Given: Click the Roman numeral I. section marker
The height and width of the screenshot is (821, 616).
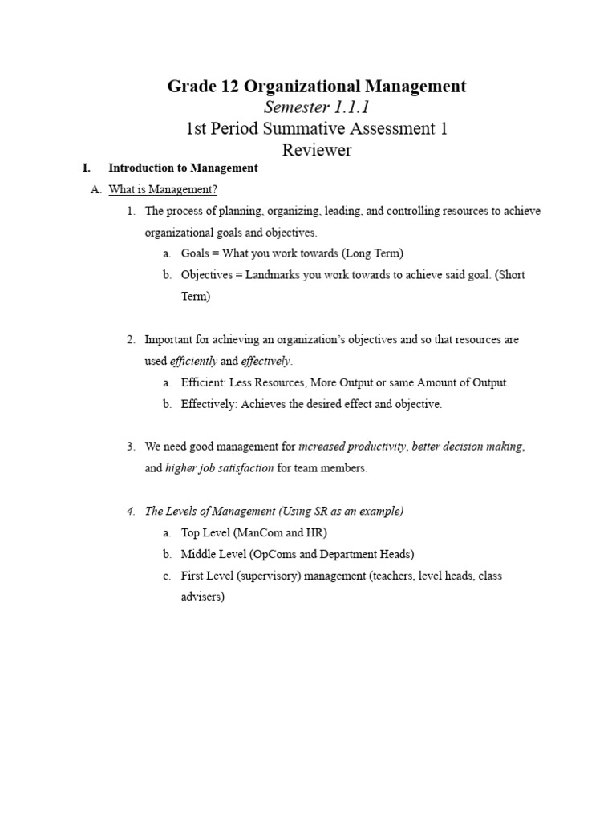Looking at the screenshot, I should (87, 168).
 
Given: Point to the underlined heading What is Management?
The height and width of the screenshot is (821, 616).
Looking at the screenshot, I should (163, 190).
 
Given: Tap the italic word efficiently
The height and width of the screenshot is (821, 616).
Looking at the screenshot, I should (193, 361).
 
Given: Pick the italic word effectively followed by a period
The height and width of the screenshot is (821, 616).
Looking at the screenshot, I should (266, 361).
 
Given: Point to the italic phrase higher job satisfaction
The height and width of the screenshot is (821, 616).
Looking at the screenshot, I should (219, 468).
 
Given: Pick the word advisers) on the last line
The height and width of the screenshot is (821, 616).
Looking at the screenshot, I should (203, 598).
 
